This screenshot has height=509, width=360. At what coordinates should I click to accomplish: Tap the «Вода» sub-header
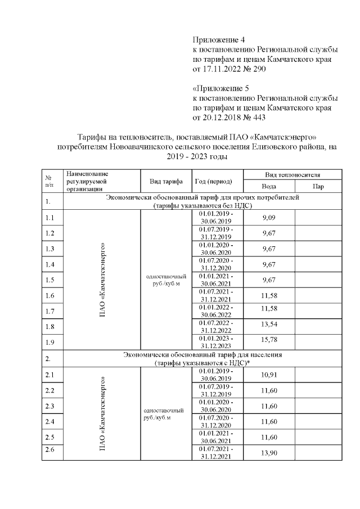coord(269,186)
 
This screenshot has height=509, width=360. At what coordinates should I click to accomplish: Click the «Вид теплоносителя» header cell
coord(293,175)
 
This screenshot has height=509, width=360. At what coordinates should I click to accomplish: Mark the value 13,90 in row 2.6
coord(269,452)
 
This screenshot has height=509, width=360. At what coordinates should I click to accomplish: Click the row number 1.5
coord(49,280)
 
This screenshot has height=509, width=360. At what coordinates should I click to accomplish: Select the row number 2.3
coord(49,406)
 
